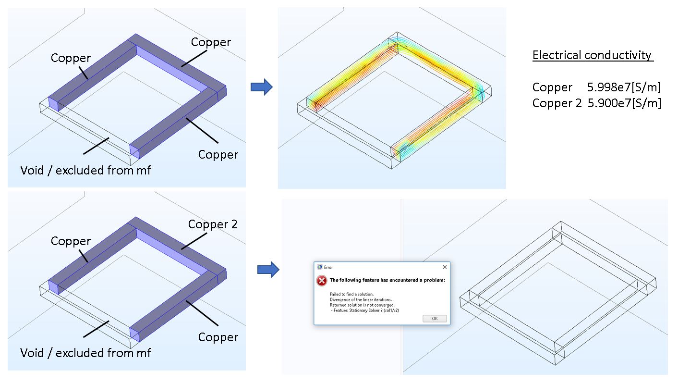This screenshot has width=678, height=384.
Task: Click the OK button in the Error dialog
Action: tap(435, 319)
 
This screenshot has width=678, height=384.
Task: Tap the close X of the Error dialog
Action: tap(445, 267)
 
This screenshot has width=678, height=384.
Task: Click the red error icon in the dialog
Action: tap(321, 281)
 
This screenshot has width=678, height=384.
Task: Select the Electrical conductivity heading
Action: tap(593, 55)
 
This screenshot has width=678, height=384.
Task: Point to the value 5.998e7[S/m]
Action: tap(624, 87)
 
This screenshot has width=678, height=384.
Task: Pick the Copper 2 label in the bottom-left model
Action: tap(213, 224)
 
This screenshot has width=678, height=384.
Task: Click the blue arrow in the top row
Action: tap(262, 87)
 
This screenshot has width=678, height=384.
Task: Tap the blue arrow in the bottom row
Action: tap(268, 270)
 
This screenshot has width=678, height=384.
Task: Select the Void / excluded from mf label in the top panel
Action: tap(85, 170)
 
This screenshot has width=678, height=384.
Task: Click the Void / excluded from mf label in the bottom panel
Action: tap(85, 353)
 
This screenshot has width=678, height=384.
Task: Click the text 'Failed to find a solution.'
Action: tap(351, 294)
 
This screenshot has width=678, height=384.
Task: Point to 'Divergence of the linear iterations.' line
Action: tap(361, 300)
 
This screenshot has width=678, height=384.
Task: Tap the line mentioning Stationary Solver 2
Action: tap(365, 311)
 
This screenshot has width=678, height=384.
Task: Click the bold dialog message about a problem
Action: tap(387, 280)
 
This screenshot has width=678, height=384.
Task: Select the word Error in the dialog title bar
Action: tap(328, 268)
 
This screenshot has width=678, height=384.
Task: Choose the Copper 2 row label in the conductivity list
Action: tap(557, 103)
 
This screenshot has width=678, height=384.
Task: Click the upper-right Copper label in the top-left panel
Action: tap(211, 42)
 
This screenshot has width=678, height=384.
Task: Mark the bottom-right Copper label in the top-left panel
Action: tap(218, 155)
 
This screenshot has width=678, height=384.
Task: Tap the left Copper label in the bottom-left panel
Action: tap(71, 241)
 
